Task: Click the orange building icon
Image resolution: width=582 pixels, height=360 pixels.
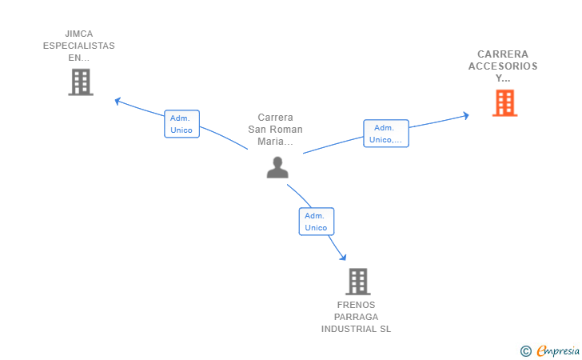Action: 504,103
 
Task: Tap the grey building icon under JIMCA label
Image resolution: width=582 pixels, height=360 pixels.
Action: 81,82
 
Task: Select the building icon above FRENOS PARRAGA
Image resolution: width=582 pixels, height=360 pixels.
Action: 358,282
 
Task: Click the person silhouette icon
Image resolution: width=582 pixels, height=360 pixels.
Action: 277,167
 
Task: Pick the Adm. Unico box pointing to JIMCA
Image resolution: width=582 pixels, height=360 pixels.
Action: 182,124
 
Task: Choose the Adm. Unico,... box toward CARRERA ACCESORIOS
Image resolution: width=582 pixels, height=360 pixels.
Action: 386,134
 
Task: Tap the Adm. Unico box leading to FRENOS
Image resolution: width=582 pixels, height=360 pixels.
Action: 317,222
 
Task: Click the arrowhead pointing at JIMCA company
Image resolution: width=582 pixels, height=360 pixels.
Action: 118,101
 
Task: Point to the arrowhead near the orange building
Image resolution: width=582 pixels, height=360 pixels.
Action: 466,115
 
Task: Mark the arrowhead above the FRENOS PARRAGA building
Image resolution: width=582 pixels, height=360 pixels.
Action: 343,257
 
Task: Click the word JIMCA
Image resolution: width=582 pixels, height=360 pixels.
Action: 79,34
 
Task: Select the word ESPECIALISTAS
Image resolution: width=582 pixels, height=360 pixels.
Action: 79,46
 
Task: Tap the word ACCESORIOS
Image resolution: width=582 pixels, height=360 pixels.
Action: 503,66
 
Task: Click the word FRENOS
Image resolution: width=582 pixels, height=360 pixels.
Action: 356,305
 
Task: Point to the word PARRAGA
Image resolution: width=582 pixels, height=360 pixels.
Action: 356,317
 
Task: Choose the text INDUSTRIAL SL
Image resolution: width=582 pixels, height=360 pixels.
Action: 356,329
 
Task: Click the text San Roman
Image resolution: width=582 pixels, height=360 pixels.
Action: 275,130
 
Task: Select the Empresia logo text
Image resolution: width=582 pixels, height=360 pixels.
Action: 558,350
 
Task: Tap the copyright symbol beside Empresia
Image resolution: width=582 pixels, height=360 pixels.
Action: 526,351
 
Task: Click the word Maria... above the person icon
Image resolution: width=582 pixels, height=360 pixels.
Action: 275,141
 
